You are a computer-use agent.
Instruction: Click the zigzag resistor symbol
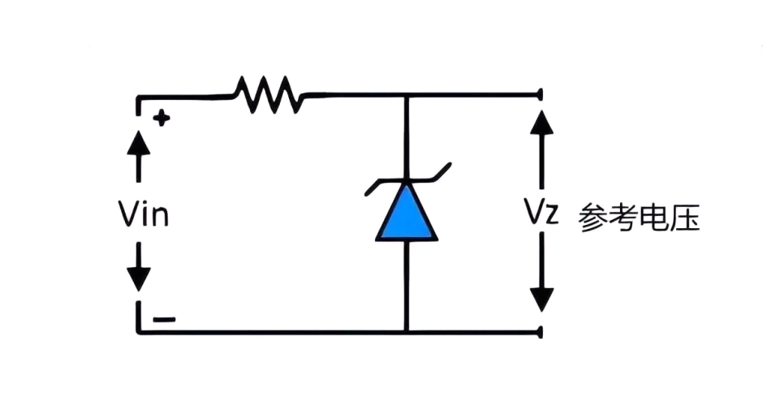(268, 95)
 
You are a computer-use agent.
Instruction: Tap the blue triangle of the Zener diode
(407, 216)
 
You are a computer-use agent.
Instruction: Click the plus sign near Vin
(162, 119)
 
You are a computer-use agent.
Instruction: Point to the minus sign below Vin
(163, 319)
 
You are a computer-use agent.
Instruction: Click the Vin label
(143, 216)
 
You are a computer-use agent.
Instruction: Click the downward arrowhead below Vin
(139, 278)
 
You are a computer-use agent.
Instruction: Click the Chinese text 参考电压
(639, 219)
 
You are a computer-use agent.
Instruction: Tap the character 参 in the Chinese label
(593, 219)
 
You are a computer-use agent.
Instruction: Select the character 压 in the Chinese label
(685, 219)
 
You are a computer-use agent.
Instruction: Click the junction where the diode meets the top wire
(407, 95)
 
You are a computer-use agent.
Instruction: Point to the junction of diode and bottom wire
(407, 331)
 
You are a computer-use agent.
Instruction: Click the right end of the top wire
(539, 95)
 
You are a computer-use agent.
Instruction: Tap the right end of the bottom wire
(539, 331)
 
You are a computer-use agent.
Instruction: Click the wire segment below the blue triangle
(407, 284)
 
